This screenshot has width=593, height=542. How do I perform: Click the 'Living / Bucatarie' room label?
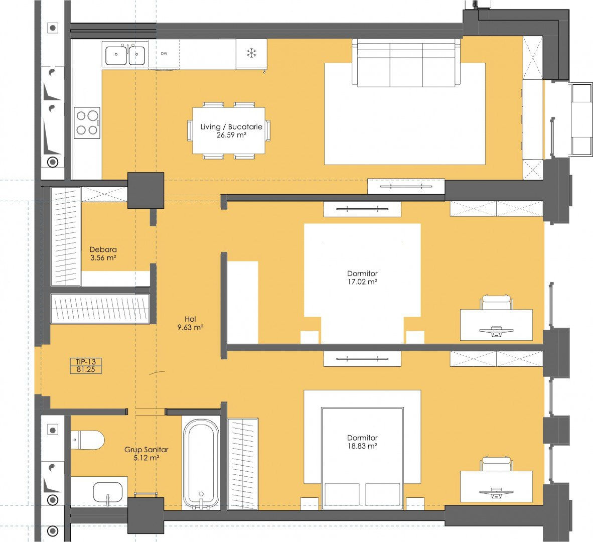[x=231, y=126]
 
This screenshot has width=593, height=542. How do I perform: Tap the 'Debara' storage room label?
[x=103, y=249]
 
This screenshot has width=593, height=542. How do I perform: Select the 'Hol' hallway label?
[x=190, y=319]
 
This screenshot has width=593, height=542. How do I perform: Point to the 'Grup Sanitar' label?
[x=146, y=450]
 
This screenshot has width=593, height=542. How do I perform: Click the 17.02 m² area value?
[x=362, y=282]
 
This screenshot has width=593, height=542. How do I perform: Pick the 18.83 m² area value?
[x=362, y=446]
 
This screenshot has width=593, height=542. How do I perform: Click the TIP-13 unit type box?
[x=86, y=366]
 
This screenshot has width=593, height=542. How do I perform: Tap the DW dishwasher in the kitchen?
[x=164, y=54]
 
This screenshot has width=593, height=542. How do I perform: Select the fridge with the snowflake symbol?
[x=251, y=54]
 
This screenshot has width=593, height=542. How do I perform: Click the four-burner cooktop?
[x=87, y=123]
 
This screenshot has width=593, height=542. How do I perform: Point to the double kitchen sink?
[x=125, y=55]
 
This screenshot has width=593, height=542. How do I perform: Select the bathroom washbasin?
[x=108, y=492]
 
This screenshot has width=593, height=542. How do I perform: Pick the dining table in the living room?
[x=229, y=130]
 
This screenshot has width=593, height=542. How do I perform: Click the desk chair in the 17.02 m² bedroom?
[x=496, y=303]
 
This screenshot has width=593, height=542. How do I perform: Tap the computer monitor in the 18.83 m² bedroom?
[x=496, y=492]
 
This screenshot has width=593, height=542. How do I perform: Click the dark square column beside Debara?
[x=145, y=190]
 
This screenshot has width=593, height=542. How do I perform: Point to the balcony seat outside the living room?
[x=581, y=119]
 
